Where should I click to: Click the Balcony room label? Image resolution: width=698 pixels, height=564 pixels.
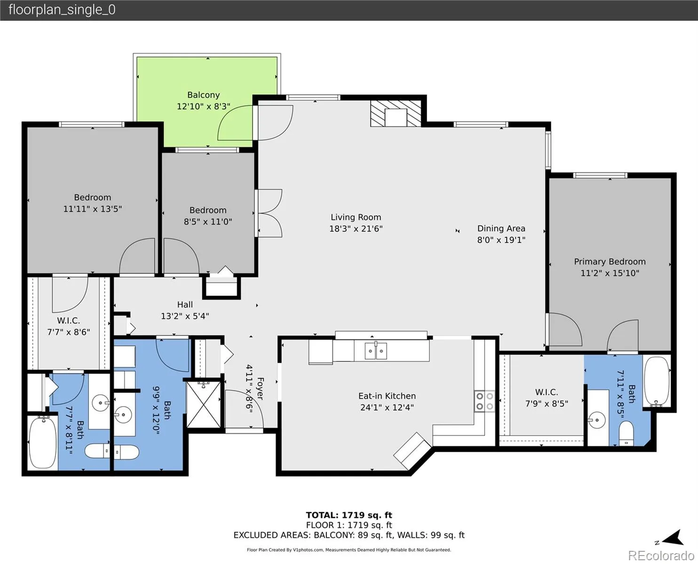click(x=204, y=95)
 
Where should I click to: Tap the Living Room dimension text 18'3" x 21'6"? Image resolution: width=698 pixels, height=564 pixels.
click(x=356, y=228)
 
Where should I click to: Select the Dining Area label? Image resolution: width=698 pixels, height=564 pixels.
click(x=501, y=228)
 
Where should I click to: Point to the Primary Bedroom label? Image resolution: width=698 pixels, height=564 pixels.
click(x=610, y=261)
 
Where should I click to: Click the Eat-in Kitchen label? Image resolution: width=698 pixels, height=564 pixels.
click(x=387, y=396)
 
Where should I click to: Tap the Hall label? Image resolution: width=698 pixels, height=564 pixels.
click(x=185, y=305)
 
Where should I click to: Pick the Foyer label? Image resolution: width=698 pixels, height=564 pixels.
click(x=260, y=389)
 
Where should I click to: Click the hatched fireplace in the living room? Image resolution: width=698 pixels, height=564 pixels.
click(x=396, y=113)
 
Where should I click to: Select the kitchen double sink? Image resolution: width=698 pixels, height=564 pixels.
click(x=376, y=351)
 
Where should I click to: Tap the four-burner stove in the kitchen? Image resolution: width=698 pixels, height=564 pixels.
click(x=484, y=401)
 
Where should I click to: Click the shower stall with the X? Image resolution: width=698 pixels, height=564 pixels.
click(x=204, y=405)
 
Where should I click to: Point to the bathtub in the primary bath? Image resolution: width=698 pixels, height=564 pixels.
click(x=657, y=382)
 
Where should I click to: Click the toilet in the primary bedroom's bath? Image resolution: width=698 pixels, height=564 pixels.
click(x=626, y=433)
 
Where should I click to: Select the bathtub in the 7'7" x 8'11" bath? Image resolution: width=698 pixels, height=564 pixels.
click(x=43, y=443)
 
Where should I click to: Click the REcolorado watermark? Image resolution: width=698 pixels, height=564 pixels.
click(x=661, y=556)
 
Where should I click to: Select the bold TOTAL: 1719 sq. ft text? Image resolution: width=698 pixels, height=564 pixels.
click(x=349, y=515)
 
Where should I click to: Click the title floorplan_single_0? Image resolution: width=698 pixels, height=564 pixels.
click(x=62, y=10)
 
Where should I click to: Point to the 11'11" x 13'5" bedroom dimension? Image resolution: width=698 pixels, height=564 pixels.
click(x=92, y=209)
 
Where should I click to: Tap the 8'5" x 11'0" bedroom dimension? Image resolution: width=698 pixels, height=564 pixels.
click(x=208, y=222)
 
